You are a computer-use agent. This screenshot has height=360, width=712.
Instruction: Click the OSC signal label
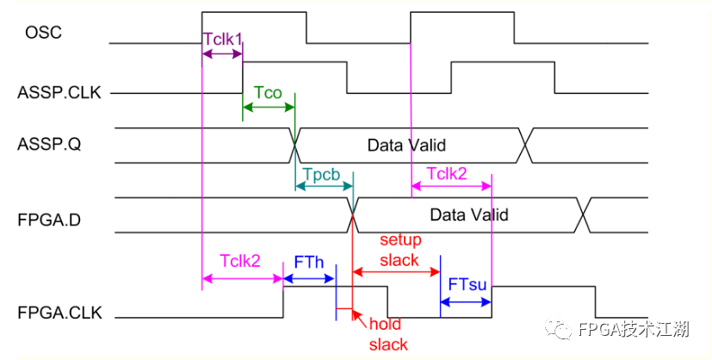pyautogui.click(x=43, y=33)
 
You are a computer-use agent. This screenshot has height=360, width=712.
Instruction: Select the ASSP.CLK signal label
pyautogui.click(x=59, y=93)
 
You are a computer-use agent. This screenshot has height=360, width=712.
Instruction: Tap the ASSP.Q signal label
pyautogui.click(x=49, y=145)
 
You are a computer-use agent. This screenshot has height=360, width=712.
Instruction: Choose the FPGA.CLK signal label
pyautogui.click(x=60, y=313)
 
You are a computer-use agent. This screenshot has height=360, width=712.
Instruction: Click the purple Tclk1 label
pyautogui.click(x=222, y=39)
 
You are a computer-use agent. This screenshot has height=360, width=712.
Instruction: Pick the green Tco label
pyautogui.click(x=268, y=93)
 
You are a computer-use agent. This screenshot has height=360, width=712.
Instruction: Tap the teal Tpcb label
pyautogui.click(x=322, y=174)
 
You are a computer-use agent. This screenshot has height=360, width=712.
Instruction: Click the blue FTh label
pyautogui.click(x=309, y=262)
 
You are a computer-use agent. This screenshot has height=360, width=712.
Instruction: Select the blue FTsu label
pyautogui.click(x=467, y=284)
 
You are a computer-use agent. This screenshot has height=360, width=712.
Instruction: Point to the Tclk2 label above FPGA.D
pyautogui.click(x=447, y=174)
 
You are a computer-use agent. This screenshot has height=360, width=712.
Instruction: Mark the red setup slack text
pyautogui.click(x=399, y=250)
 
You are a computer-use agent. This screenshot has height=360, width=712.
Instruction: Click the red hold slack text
pyautogui.click(x=387, y=334)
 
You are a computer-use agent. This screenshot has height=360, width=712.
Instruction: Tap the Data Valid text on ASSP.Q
pyautogui.click(x=406, y=146)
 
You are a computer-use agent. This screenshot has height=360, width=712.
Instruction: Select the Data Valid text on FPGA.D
pyautogui.click(x=469, y=214)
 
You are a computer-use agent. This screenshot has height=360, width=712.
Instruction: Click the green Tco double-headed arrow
pyautogui.click(x=269, y=108)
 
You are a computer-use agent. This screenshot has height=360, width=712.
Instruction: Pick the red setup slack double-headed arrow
pyautogui.click(x=396, y=272)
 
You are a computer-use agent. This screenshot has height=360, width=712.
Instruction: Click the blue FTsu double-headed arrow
pyautogui.click(x=466, y=301)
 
